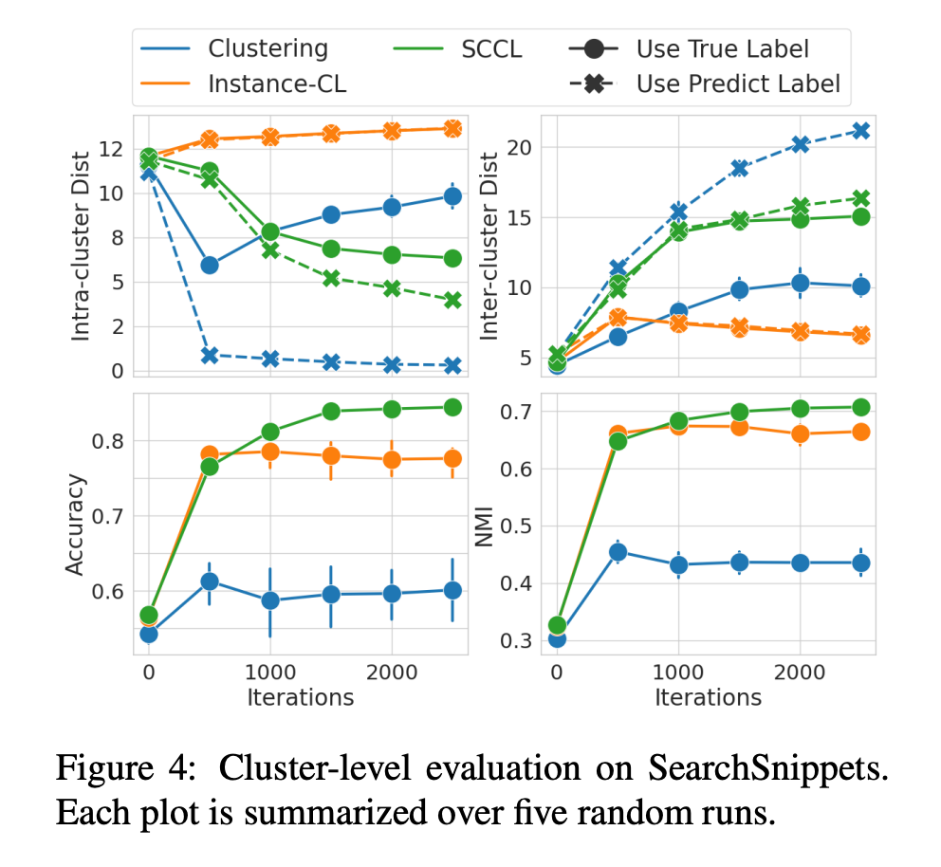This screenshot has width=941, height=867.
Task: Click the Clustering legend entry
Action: pos(268,48)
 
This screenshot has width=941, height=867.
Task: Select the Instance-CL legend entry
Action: pos(277,83)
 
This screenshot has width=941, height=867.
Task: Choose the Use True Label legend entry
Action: pos(723,48)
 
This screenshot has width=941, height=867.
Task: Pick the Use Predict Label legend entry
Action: pos(738,83)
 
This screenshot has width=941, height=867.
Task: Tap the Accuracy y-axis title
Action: pos(76,524)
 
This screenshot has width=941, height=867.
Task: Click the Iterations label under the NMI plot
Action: pos(708,697)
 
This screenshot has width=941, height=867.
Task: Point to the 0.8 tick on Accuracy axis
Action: pos(108,441)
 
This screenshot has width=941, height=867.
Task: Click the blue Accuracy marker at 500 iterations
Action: pos(210,581)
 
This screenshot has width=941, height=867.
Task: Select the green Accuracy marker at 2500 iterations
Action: pos(452,407)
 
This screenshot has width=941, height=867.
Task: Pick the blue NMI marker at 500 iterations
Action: pos(618,551)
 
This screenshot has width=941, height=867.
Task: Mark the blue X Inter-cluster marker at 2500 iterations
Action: pos(859,130)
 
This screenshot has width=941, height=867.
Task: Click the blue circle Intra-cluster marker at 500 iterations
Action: pos(210,265)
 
